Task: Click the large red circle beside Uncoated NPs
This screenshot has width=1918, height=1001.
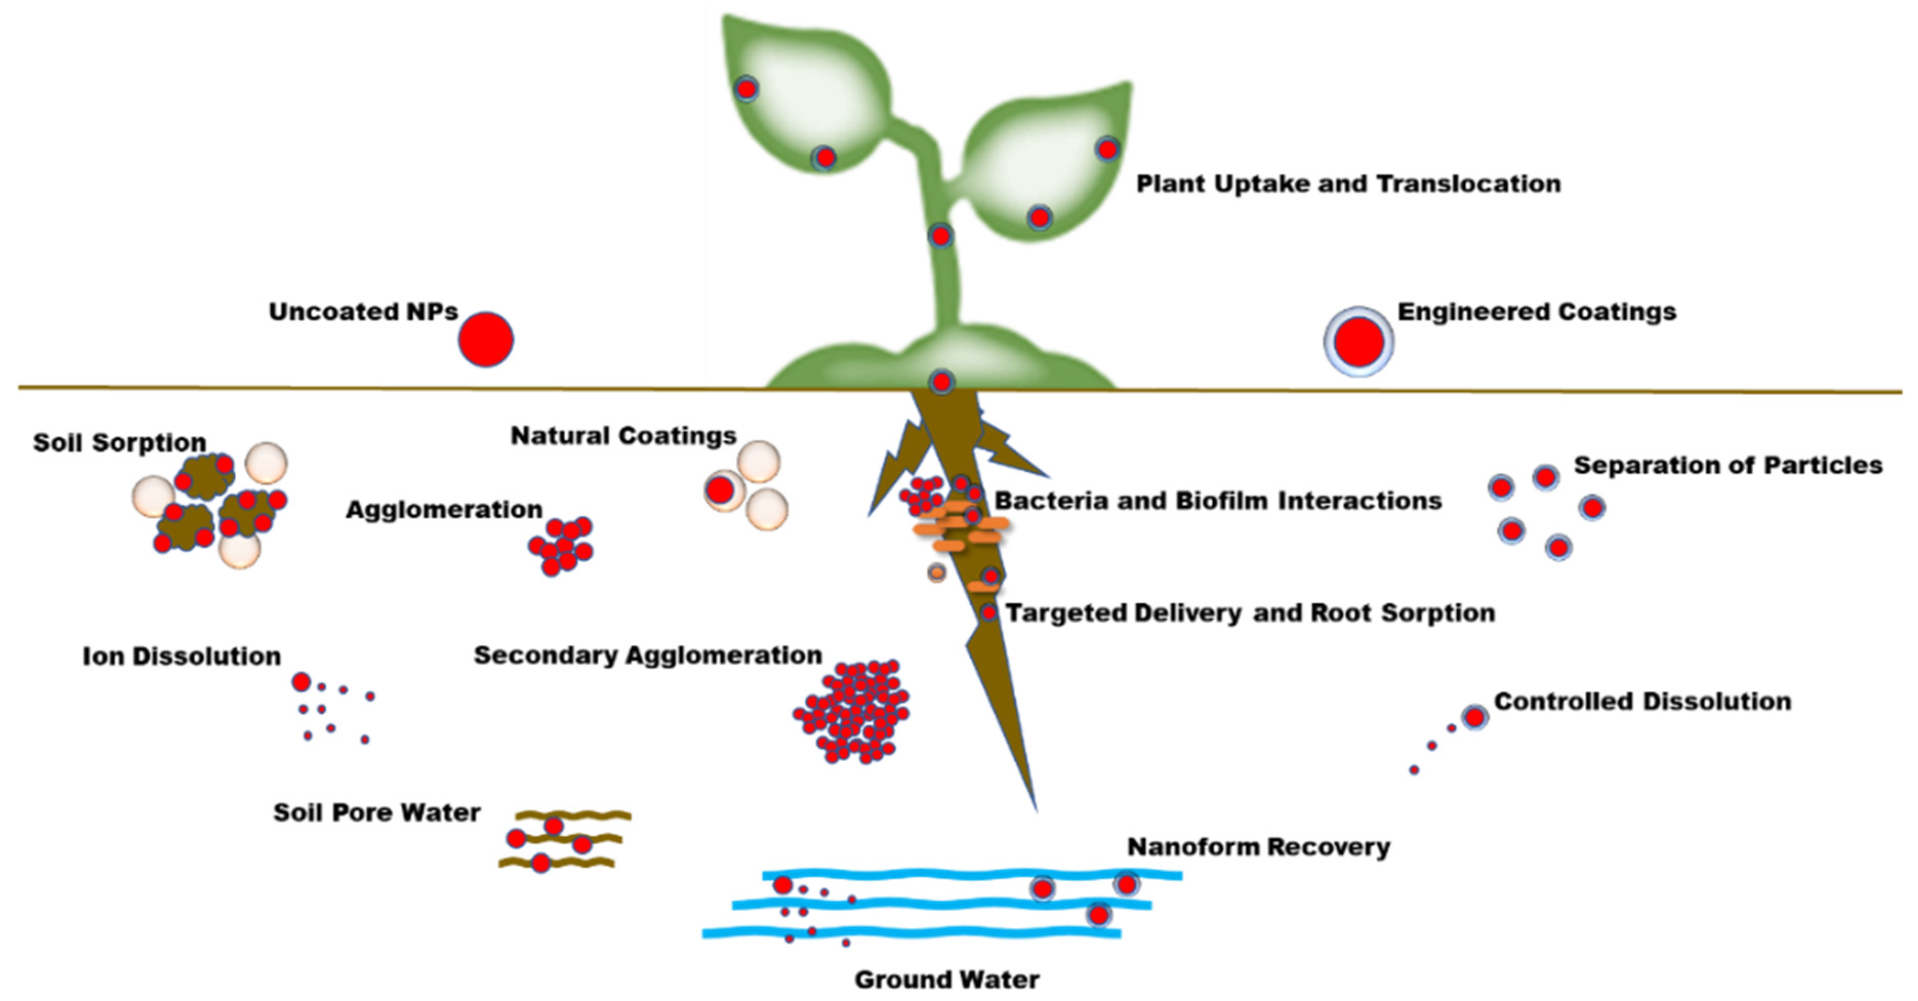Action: [x=485, y=340]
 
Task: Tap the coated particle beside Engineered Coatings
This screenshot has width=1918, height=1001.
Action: [x=1358, y=342]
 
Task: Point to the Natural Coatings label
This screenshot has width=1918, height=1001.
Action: [x=623, y=436]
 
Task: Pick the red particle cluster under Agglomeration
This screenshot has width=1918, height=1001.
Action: [x=561, y=546]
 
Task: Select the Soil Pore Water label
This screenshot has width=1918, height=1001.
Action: [x=377, y=812]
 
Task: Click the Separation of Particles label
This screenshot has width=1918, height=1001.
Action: [x=1727, y=465]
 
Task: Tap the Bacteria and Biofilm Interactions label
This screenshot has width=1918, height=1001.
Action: [x=1218, y=500]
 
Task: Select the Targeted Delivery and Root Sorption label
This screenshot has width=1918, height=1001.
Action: [x=1250, y=613]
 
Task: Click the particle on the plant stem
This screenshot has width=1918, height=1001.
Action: [x=941, y=236]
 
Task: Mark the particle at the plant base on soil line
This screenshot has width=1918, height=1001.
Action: [x=942, y=382]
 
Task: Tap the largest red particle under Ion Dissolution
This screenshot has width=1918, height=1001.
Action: [x=301, y=682]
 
